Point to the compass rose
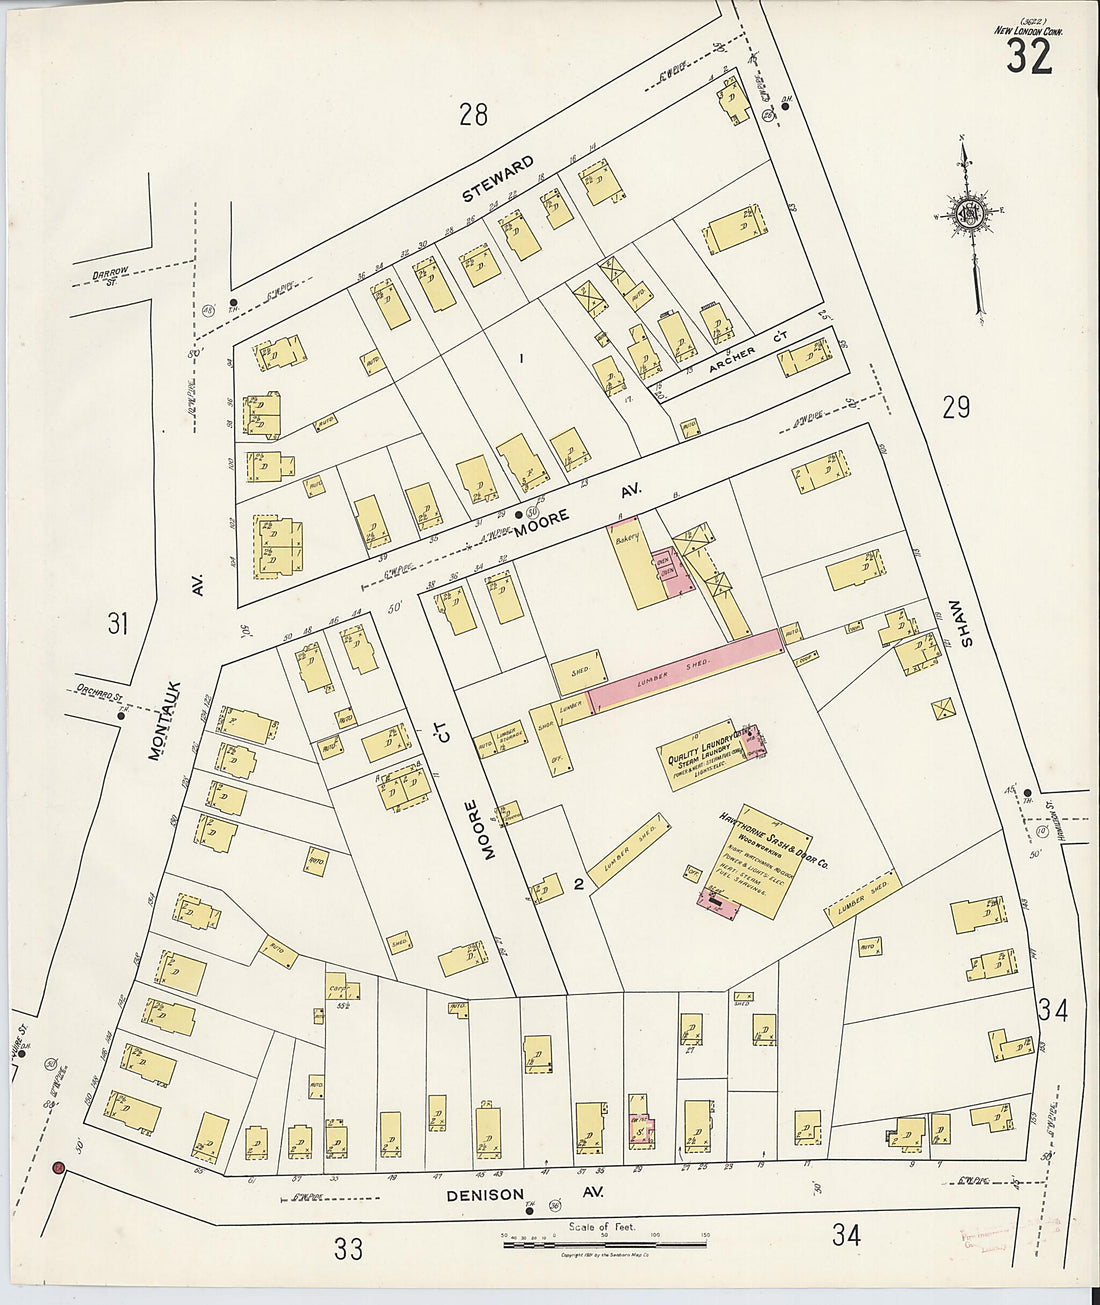point(968,214)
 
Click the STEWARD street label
point(498,179)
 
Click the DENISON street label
point(485,1194)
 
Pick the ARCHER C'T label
point(742,365)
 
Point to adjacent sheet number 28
point(473,115)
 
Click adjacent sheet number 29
point(956,407)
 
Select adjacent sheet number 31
point(118,625)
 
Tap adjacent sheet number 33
point(348,1248)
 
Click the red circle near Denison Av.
point(58,1167)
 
